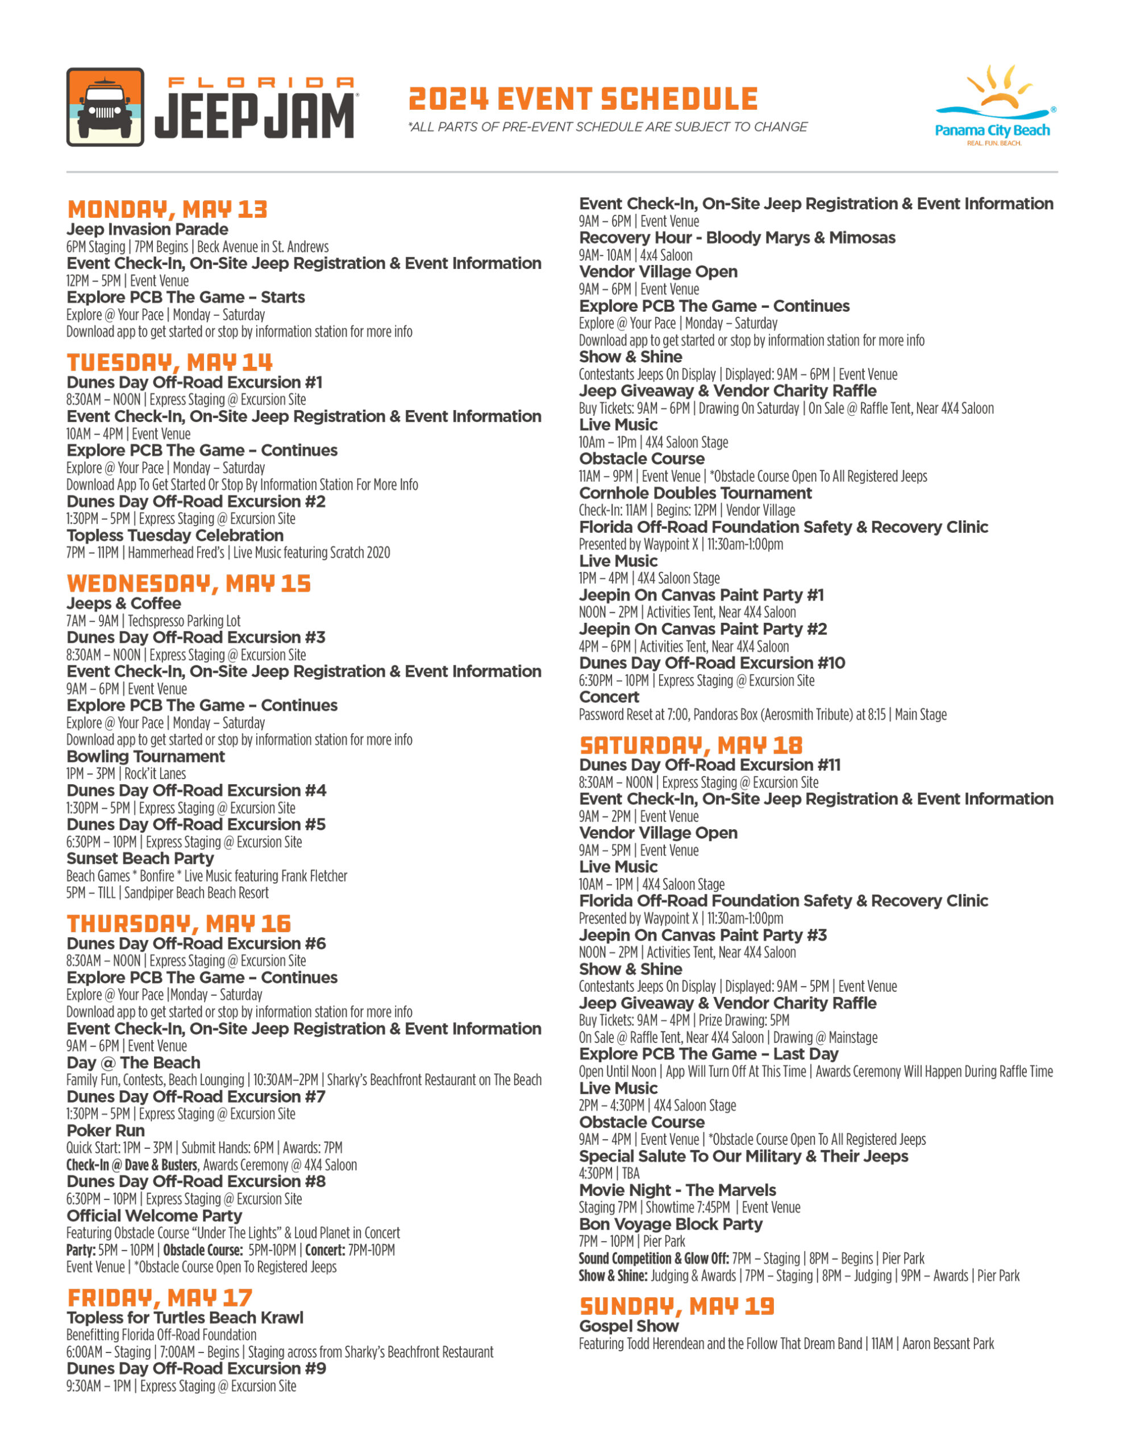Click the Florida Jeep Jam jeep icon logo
(x=105, y=107)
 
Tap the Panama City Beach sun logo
(x=995, y=104)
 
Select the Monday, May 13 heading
(x=167, y=209)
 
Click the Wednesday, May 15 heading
(x=189, y=584)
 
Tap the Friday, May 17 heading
(x=160, y=1297)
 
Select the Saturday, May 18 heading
(x=691, y=744)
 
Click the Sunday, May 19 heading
(x=677, y=1306)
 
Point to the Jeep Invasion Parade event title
(x=147, y=229)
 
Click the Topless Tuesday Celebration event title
(x=175, y=535)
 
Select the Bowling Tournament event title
(x=146, y=756)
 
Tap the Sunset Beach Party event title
(x=140, y=858)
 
